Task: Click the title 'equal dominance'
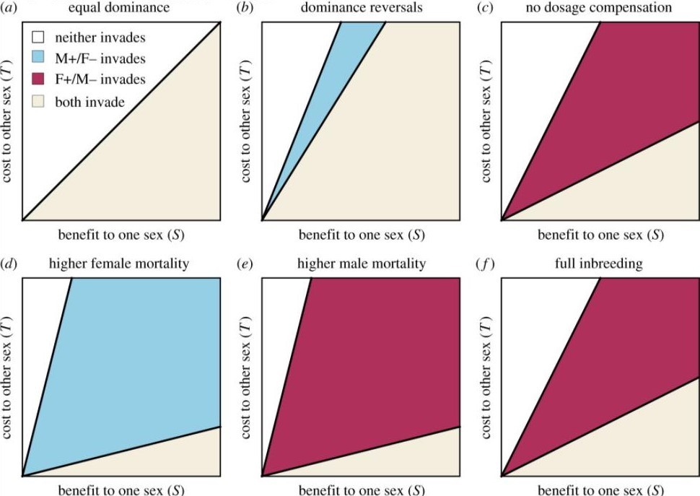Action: coord(120,8)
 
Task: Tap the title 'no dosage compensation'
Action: coord(600,8)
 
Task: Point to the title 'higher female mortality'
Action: coord(119,264)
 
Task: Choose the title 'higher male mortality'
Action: coord(361,264)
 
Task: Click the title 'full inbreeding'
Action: coord(599,264)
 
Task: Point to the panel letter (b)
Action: coord(247,8)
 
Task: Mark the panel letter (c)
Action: coord(486,8)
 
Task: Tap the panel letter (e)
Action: coord(247,264)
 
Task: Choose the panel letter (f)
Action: coord(486,264)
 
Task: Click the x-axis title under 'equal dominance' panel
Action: coord(121,235)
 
